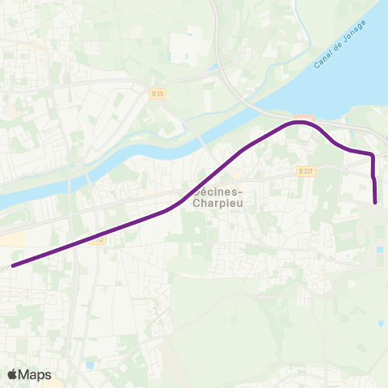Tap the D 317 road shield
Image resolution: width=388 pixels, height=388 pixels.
(305, 171)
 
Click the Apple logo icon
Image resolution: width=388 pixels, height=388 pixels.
(14, 374)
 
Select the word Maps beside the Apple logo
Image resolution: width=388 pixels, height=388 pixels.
(36, 374)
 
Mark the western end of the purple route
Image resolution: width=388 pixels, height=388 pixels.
(12, 264)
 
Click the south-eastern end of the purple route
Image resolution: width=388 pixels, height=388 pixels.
(376, 202)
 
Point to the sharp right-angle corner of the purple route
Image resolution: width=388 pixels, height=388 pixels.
(372, 154)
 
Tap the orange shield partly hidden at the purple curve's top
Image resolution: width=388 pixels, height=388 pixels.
(305, 118)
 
